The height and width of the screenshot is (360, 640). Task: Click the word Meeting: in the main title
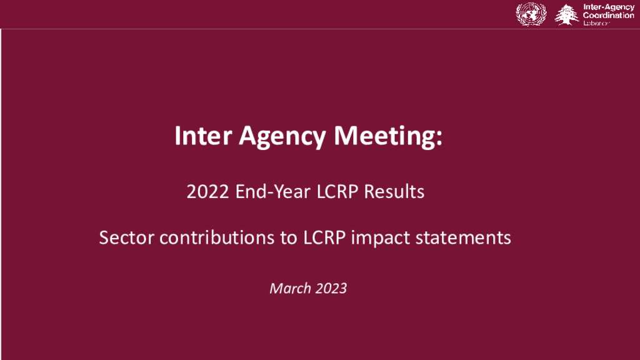click(x=387, y=137)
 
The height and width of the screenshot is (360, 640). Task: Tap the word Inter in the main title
click(x=203, y=136)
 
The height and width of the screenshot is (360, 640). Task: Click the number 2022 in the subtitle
click(x=207, y=191)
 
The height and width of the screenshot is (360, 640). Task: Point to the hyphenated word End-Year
click(x=272, y=191)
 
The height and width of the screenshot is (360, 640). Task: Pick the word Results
click(x=394, y=191)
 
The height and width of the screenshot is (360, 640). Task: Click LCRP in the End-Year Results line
click(x=337, y=191)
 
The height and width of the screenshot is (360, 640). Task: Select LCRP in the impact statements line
click(x=324, y=237)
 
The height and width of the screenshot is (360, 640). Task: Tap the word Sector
click(x=126, y=237)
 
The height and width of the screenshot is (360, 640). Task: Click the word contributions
click(x=217, y=237)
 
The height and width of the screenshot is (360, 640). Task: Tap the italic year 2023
click(x=331, y=288)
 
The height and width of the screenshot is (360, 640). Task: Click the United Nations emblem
click(x=531, y=14)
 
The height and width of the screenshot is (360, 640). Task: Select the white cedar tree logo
click(x=566, y=15)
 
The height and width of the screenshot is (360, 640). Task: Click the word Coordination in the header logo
click(x=609, y=15)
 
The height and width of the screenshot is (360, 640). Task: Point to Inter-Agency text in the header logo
click(x=609, y=7)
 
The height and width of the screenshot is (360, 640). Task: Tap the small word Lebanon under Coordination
click(x=596, y=23)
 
